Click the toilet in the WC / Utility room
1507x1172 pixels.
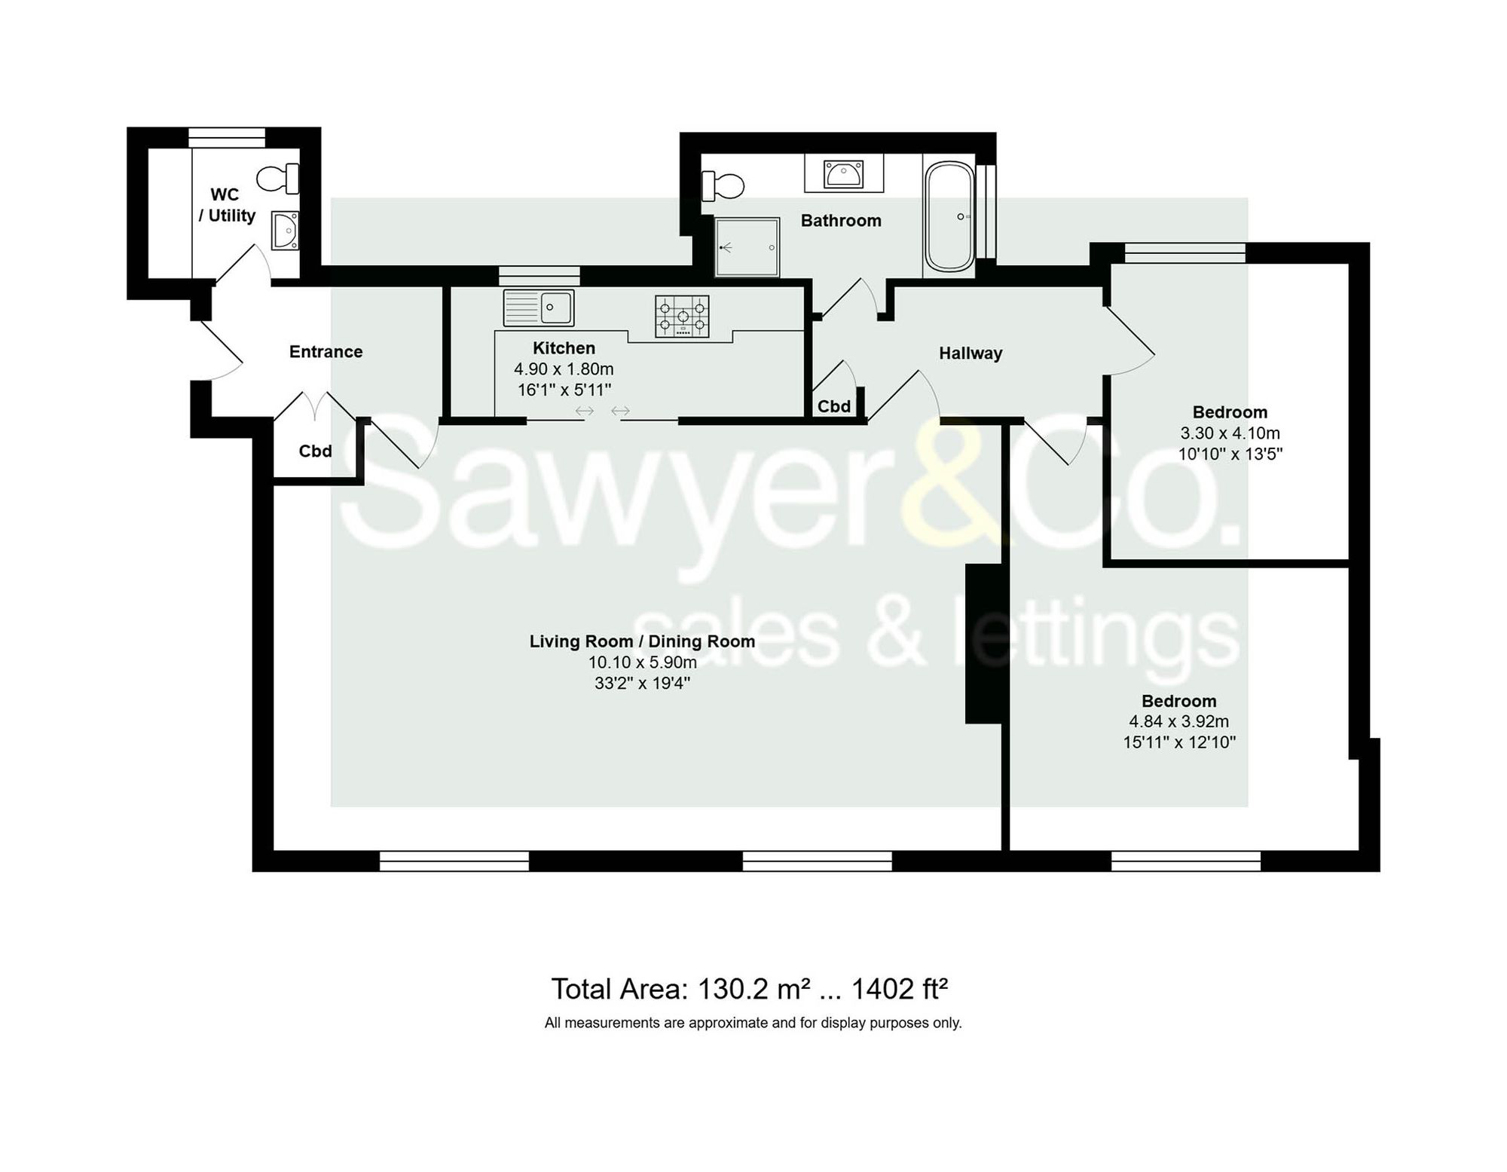click(x=279, y=179)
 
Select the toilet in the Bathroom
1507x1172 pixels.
click(x=723, y=185)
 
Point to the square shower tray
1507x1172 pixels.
click(x=747, y=247)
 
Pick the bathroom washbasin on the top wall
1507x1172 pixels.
click(x=843, y=174)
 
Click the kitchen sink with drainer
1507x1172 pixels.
click(x=539, y=308)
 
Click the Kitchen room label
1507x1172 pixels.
click(x=564, y=348)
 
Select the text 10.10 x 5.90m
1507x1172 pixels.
click(x=642, y=663)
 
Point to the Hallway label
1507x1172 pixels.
click(x=971, y=353)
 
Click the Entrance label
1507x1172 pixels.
click(x=326, y=351)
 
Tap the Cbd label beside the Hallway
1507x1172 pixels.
click(x=834, y=406)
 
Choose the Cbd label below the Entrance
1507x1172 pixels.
click(x=315, y=451)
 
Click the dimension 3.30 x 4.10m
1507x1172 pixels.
click(x=1230, y=433)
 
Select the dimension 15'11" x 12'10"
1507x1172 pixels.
click(x=1178, y=742)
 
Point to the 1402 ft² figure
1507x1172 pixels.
click(x=899, y=989)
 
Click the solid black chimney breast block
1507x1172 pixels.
click(x=983, y=644)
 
